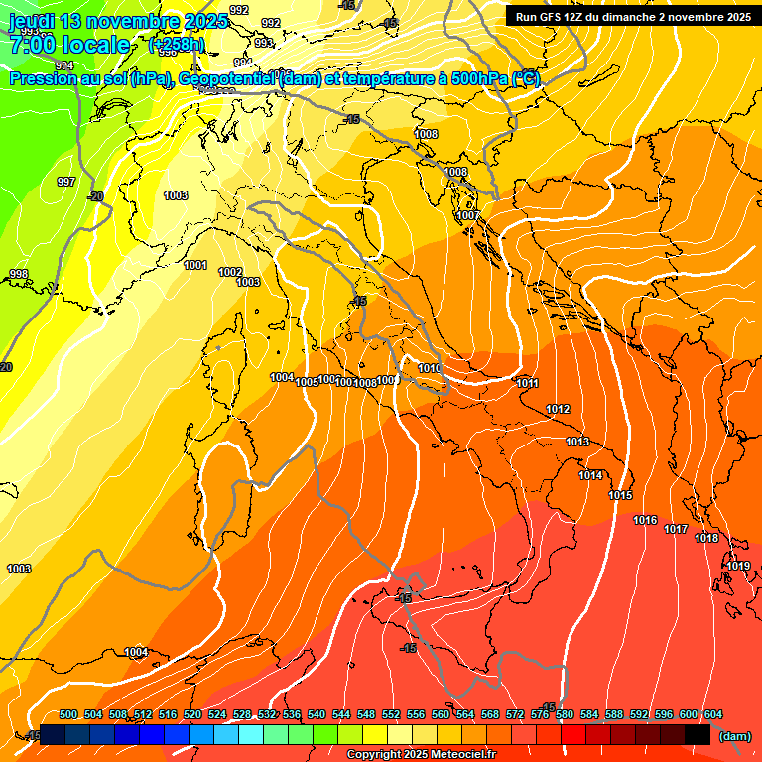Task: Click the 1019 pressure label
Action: coord(737,566)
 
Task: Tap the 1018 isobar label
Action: coord(706,538)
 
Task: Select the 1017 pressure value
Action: coord(676,529)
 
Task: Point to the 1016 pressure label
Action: coord(645,520)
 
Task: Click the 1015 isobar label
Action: coord(620,495)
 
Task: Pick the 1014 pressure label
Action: coord(590,475)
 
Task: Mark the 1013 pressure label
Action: coord(577,442)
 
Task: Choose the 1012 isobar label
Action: coord(558,409)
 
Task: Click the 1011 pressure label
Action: coord(527,383)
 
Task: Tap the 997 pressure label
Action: coord(66,182)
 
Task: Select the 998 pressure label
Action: coord(18,274)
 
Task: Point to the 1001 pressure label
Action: coord(195,265)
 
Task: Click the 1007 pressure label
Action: coord(468,215)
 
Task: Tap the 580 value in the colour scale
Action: coord(565,714)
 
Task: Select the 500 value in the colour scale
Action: coord(68,714)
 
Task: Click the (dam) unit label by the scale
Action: coord(734,735)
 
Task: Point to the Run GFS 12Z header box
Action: coord(631,17)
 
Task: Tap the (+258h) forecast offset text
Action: coord(177,45)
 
